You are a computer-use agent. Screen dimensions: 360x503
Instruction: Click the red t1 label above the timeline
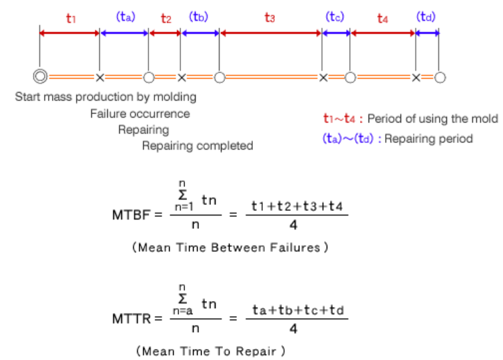71,18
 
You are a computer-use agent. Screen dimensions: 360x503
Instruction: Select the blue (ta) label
125,17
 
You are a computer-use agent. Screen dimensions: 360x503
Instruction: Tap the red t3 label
269,18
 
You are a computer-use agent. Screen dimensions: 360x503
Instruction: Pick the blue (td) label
426,17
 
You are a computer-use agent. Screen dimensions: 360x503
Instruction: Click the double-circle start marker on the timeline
41,77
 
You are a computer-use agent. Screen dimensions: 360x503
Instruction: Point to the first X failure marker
100,77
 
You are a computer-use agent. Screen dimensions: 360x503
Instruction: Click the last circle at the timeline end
440,77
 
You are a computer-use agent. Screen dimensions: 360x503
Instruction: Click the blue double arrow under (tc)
337,33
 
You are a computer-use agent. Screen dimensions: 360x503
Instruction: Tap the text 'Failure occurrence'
140,114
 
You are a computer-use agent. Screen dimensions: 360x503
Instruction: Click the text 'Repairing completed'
198,146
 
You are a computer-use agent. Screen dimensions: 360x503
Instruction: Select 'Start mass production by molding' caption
106,97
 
